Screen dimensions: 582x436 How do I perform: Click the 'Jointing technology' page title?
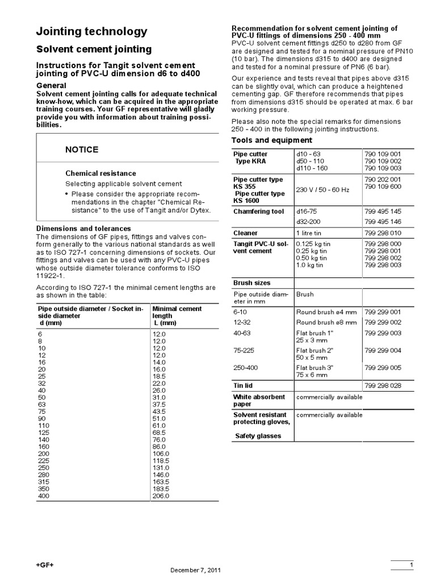click(x=91, y=32)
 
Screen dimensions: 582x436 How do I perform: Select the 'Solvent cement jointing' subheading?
click(x=94, y=49)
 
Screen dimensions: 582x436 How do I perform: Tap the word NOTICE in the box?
click(x=82, y=149)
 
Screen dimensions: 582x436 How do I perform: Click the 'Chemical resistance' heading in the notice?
click(x=100, y=173)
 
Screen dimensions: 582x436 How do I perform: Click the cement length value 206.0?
click(x=161, y=496)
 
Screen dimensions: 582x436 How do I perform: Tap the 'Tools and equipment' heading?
click(x=272, y=140)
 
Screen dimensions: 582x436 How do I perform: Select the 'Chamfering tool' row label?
click(x=258, y=211)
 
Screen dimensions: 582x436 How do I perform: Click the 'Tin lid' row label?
click(x=245, y=386)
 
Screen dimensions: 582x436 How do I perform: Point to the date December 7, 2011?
click(x=196, y=570)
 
